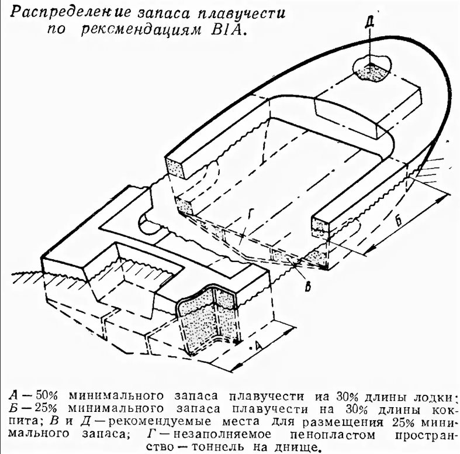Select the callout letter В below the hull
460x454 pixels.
[x=308, y=286]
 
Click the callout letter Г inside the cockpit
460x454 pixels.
[x=250, y=214]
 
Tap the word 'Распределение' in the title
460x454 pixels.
[x=70, y=14]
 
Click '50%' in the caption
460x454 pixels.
[x=47, y=396]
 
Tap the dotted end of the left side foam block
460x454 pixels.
[x=175, y=167]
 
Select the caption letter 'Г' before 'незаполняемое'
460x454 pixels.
[x=151, y=434]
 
